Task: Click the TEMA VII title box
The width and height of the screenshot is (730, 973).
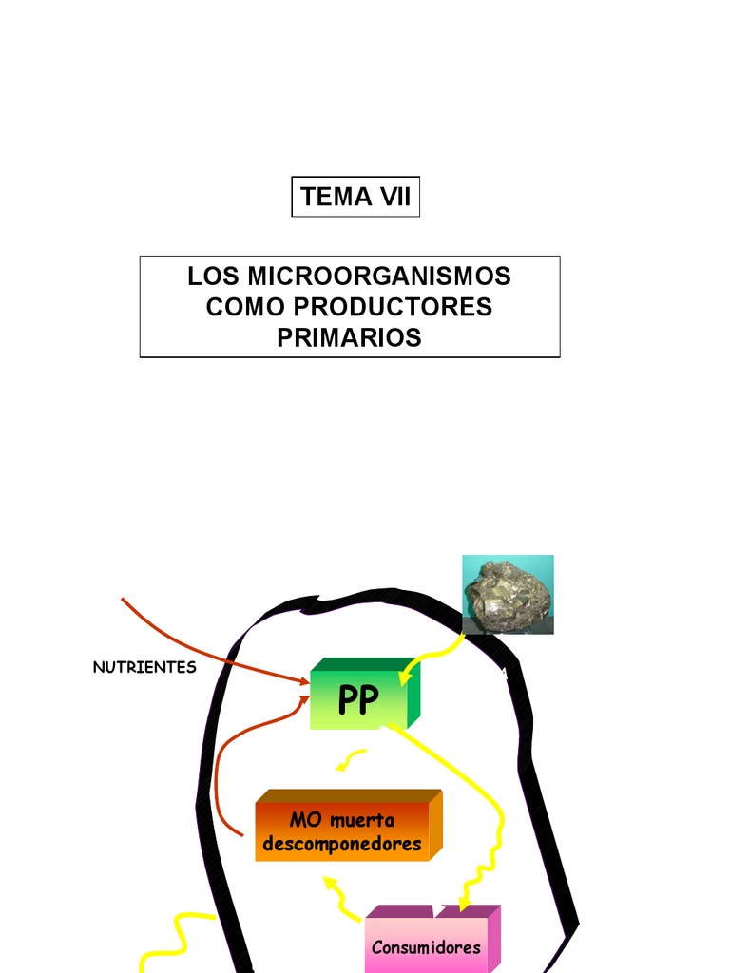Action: [355, 197]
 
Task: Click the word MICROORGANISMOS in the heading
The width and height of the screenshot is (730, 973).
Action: [379, 277]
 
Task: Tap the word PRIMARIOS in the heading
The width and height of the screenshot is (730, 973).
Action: [349, 337]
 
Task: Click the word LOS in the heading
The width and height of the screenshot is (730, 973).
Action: [213, 277]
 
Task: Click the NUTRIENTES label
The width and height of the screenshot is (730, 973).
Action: [144, 667]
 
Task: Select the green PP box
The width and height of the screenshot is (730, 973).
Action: [358, 699]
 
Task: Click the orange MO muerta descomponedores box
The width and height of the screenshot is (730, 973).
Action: [342, 830]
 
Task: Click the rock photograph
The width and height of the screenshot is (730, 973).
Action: [509, 595]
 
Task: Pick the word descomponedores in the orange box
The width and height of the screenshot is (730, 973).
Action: [342, 844]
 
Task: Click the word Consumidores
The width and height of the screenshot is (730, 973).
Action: [427, 947]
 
